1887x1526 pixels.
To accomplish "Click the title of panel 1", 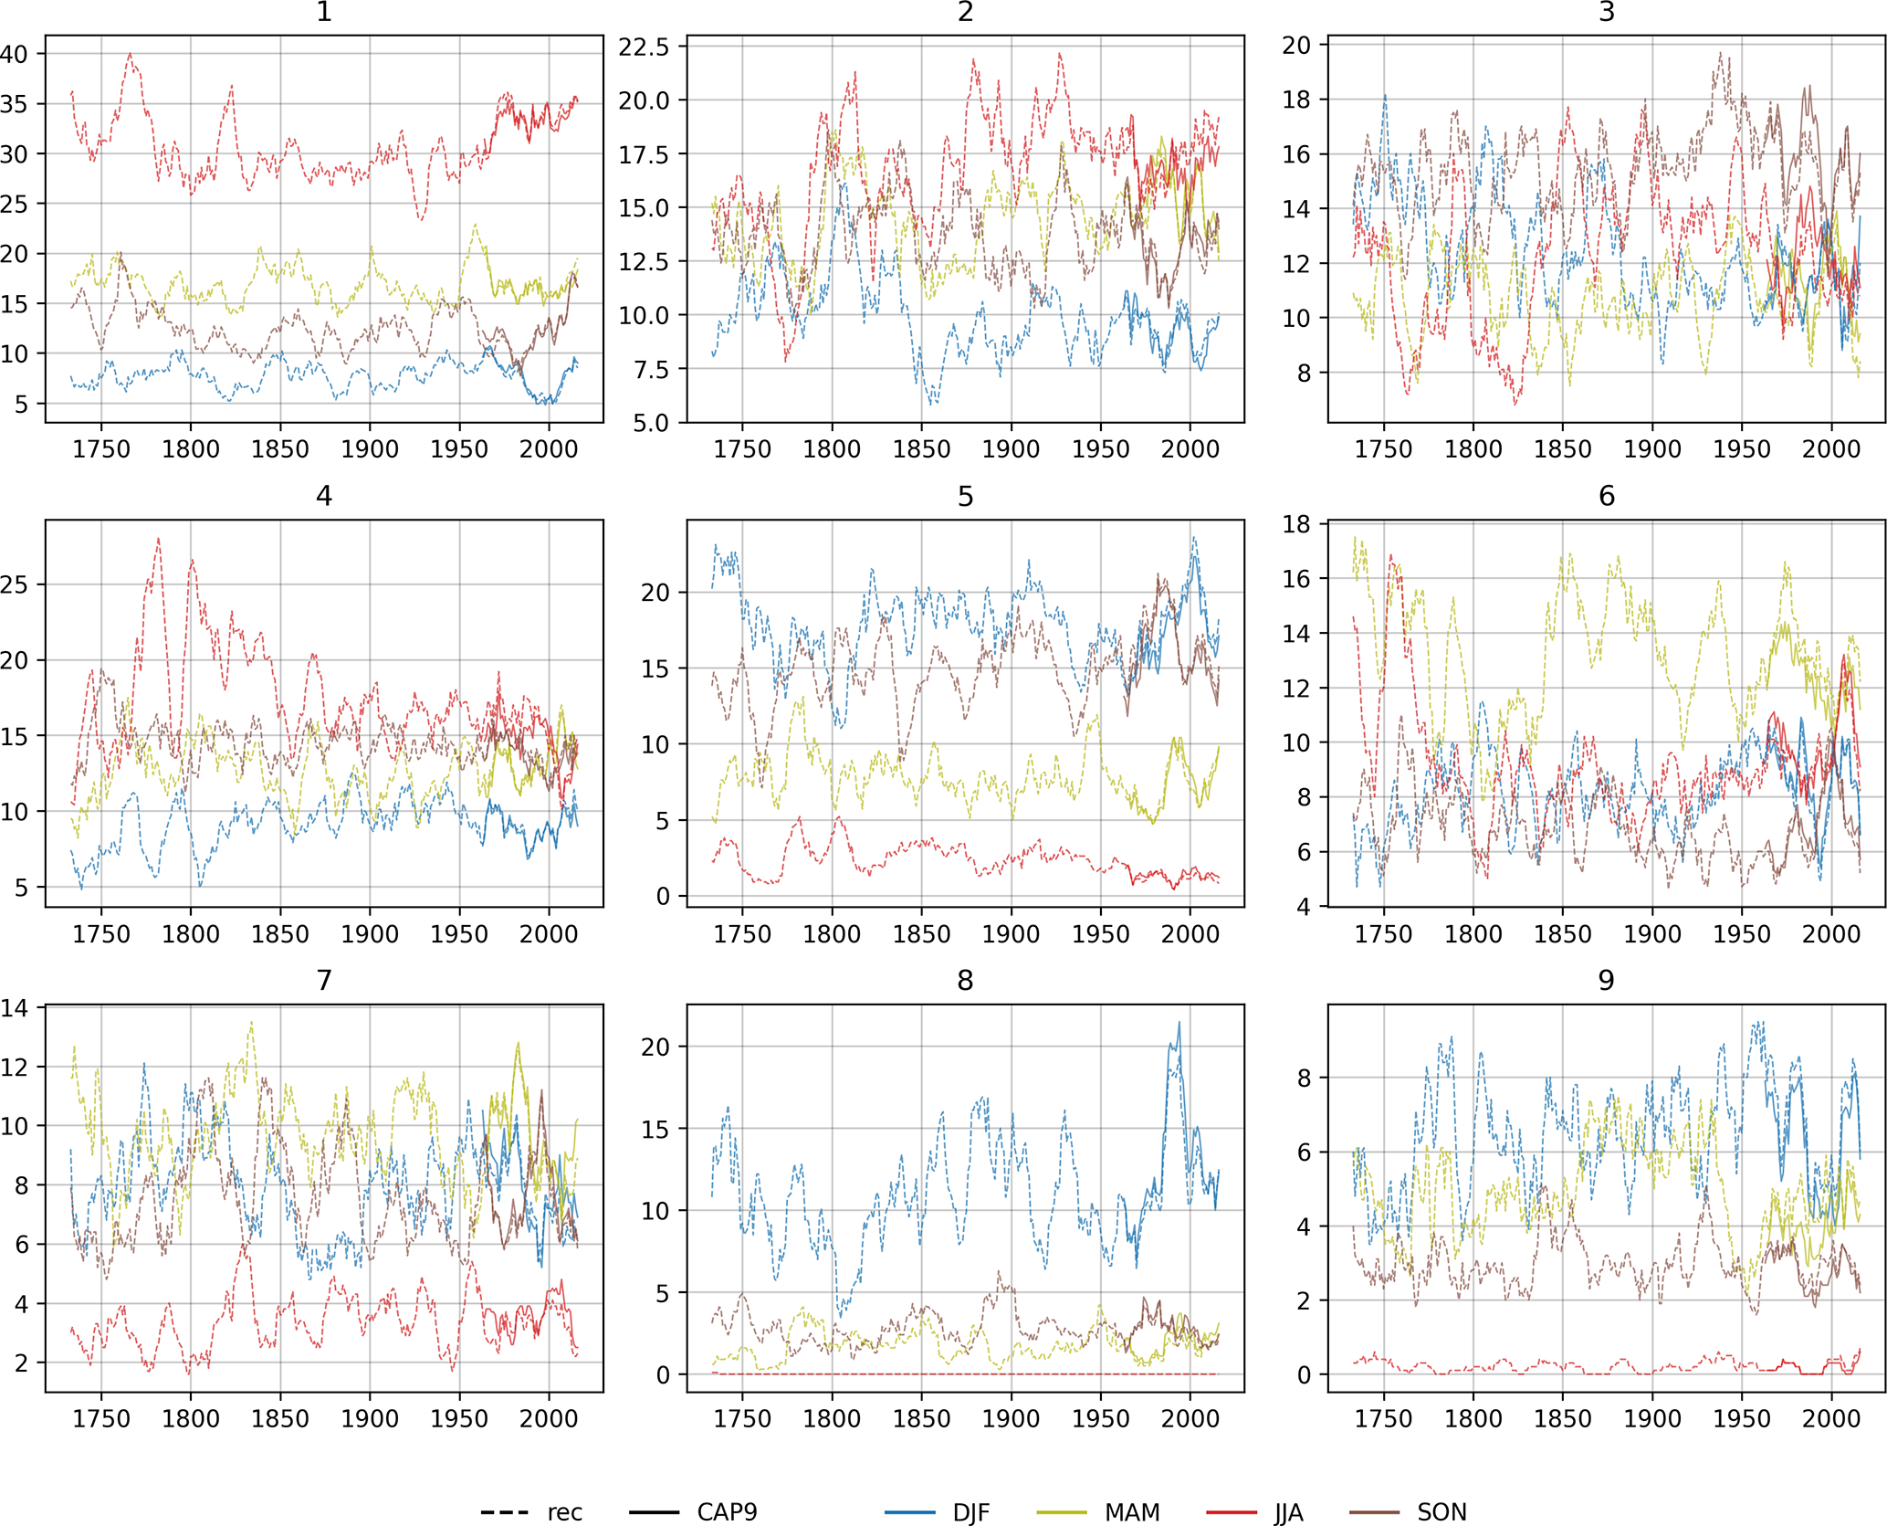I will click(x=324, y=12).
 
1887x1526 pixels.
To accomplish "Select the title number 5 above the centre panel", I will click(x=965, y=496).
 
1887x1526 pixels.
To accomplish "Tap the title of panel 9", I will click(x=1606, y=980).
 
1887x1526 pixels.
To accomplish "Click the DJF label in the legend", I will click(x=970, y=1512).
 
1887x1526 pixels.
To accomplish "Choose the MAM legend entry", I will click(x=1132, y=1512).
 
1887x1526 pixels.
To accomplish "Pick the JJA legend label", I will click(x=1288, y=1512).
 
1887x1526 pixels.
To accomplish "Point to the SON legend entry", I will click(x=1441, y=1512).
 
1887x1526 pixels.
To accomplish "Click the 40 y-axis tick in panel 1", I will click(x=15, y=54).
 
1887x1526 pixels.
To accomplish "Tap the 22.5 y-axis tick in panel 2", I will click(x=644, y=47).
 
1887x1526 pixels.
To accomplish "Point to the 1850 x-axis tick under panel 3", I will click(x=1563, y=449).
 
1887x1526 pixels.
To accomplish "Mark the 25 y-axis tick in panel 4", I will click(x=15, y=584).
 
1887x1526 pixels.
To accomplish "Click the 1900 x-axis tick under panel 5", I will click(x=1011, y=934).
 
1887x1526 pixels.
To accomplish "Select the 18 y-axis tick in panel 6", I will click(x=1296, y=524).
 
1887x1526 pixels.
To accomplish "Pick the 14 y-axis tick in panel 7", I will click(x=15, y=1008).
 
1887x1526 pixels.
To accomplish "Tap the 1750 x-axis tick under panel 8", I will click(x=742, y=1418).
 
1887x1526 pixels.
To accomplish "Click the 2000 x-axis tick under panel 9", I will click(x=1830, y=1418).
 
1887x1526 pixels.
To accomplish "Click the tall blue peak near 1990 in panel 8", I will click(x=1179, y=1023).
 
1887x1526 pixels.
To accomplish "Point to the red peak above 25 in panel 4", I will click(x=159, y=539).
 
